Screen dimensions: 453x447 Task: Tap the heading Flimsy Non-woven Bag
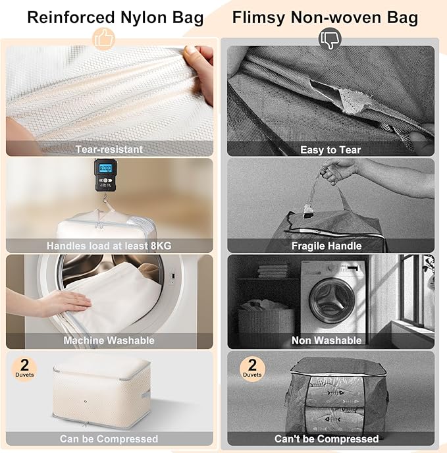(x=325, y=17)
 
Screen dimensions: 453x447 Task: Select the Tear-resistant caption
(x=109, y=149)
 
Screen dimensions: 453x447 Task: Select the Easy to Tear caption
(x=330, y=149)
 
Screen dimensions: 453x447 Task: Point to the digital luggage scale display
(x=105, y=169)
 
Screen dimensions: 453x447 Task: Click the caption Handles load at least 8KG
(x=109, y=246)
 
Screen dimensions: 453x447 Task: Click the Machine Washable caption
(x=109, y=340)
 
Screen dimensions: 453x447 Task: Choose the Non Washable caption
(x=327, y=340)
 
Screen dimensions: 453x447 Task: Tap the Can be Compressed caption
(x=109, y=439)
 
